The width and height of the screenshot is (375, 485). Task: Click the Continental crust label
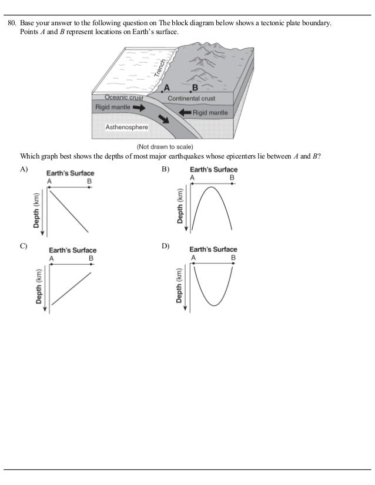coord(192,99)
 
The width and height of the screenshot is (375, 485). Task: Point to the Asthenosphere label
coord(126,126)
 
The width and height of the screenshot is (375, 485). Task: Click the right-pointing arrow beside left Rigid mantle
coord(139,108)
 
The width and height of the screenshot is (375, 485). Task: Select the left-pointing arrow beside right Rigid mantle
coord(184,111)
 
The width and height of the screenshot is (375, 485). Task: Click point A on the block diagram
coord(162,92)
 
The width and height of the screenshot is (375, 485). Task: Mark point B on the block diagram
coord(190,92)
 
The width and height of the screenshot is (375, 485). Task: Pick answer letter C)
coord(24,245)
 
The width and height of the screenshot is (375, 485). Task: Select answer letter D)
coord(165,245)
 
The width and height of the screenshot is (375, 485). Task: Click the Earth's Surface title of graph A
coord(71,174)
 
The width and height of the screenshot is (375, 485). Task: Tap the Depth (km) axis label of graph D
coord(179,287)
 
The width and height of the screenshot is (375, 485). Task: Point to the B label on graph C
coord(91,258)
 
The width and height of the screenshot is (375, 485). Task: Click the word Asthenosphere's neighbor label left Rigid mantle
coord(113,108)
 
